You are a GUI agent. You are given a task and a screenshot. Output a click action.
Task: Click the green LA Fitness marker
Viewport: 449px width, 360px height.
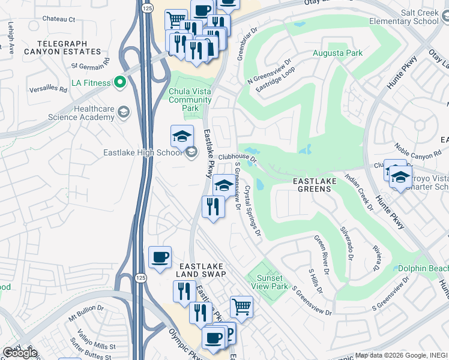click(x=119, y=82)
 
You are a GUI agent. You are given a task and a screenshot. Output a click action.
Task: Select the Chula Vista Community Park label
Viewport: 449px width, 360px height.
click(x=191, y=100)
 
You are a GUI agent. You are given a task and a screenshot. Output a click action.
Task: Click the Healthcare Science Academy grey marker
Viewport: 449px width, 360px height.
click(x=123, y=112)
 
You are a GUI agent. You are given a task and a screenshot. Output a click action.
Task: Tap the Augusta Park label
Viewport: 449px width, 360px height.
click(x=337, y=53)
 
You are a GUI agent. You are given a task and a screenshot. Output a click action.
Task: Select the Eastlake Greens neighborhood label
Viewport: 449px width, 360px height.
click(x=312, y=185)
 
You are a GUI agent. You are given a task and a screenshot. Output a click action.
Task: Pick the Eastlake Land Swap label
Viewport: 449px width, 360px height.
click(x=200, y=269)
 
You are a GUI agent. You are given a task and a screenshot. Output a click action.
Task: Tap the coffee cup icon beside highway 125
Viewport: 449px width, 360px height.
click(x=160, y=257)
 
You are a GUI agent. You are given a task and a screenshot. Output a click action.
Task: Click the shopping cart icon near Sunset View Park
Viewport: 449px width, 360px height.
click(x=241, y=307)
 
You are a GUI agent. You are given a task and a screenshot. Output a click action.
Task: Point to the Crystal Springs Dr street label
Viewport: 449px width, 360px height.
click(x=252, y=210)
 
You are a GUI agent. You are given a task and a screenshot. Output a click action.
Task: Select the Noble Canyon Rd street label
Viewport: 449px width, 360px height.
click(x=417, y=152)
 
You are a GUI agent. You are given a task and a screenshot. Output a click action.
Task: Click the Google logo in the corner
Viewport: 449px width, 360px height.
click(x=20, y=353)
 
